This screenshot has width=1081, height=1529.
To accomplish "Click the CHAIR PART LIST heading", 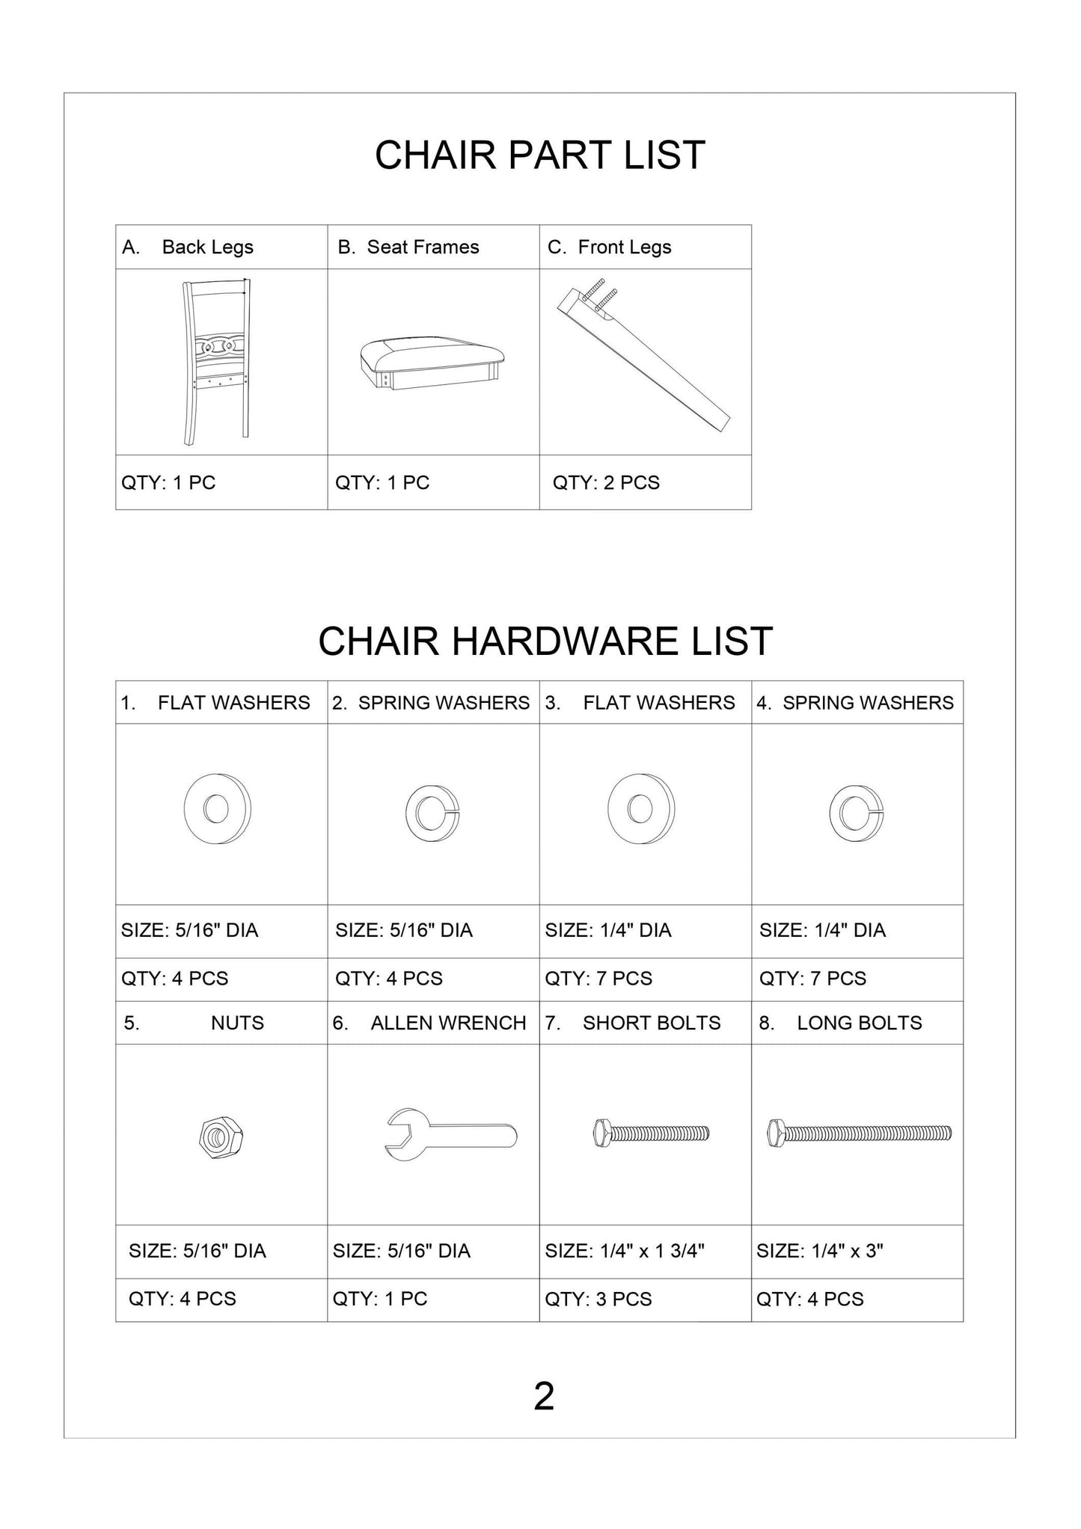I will [539, 155].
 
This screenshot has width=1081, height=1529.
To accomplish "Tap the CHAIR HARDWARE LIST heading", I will [545, 641].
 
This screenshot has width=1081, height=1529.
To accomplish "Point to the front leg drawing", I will [643, 360].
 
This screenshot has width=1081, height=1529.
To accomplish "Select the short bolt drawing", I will [650, 1133].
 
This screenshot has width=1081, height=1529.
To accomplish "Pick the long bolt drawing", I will [859, 1133].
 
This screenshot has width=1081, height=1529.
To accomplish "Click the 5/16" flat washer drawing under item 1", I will [217, 809].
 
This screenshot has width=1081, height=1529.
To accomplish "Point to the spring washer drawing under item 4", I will [856, 813].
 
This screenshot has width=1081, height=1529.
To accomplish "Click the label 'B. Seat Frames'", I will [408, 247].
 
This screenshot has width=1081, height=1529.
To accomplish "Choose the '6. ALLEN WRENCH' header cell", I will [432, 1023].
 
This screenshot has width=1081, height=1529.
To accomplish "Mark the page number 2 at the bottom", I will [544, 1396].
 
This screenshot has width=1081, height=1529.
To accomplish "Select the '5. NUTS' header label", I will [221, 1023].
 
